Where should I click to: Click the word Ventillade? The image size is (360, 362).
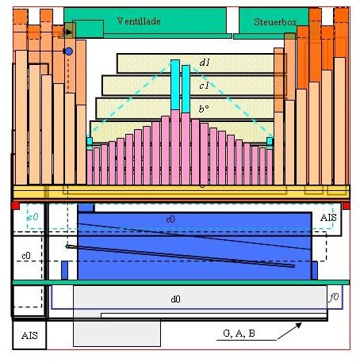tap(139, 21)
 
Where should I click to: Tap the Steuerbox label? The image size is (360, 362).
tap(275, 22)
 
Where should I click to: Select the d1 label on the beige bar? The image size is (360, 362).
tap(205, 63)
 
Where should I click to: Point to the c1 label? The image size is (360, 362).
tap(204, 86)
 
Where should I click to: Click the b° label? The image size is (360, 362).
tap(204, 109)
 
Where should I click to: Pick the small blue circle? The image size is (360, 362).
tap(68, 51)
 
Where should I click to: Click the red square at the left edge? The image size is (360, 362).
tap(16, 206)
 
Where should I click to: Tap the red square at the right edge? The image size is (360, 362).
tap(347, 206)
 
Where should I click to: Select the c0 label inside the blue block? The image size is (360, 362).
tap(170, 219)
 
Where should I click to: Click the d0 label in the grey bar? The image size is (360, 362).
tap(175, 299)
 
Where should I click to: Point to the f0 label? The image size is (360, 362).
tap(334, 297)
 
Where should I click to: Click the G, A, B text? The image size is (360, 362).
tap(239, 333)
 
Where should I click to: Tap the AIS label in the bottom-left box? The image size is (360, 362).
tap(29, 336)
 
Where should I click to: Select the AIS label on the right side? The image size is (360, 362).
tap(328, 218)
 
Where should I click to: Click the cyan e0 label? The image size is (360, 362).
tap(33, 217)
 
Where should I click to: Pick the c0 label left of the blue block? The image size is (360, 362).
tap(26, 256)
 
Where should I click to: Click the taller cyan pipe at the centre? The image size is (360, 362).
tap(175, 85)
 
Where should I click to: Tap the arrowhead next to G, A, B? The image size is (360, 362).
tap(299, 326)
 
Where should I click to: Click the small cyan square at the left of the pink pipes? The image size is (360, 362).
tap(90, 141)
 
